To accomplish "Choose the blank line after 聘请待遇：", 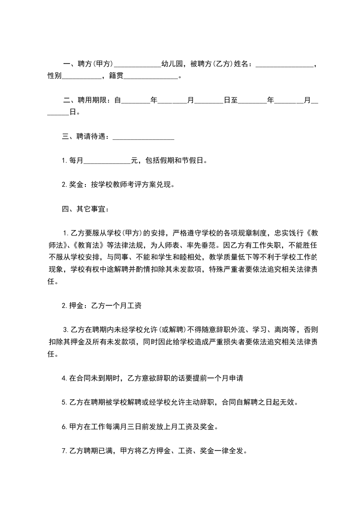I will tap(143, 137).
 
